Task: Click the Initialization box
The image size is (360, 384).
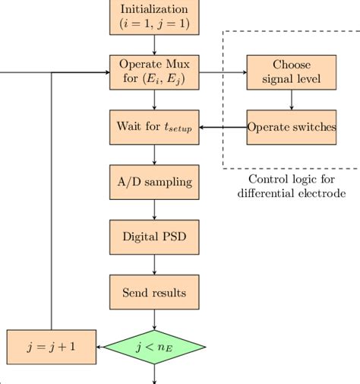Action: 155,17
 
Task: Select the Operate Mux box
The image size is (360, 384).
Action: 155,72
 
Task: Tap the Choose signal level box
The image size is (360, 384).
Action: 292,72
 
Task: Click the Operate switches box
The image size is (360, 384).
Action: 292,127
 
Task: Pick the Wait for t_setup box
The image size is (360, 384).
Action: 155,127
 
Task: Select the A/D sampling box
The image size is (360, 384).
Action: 155,182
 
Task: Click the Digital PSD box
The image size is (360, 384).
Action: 155,236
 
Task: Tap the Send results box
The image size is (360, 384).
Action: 155,292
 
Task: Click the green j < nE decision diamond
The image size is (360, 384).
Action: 155,348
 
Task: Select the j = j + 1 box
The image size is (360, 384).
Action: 51,348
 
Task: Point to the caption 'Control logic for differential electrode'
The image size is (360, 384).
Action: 292,186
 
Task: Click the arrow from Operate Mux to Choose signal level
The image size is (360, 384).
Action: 223,72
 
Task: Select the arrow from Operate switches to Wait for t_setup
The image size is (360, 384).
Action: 223,127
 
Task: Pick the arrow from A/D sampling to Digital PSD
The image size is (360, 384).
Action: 155,209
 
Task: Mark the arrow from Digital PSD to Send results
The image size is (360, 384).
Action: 155,264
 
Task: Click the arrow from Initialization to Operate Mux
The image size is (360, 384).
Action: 155,45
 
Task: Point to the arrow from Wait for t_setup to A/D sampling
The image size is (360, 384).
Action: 155,154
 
